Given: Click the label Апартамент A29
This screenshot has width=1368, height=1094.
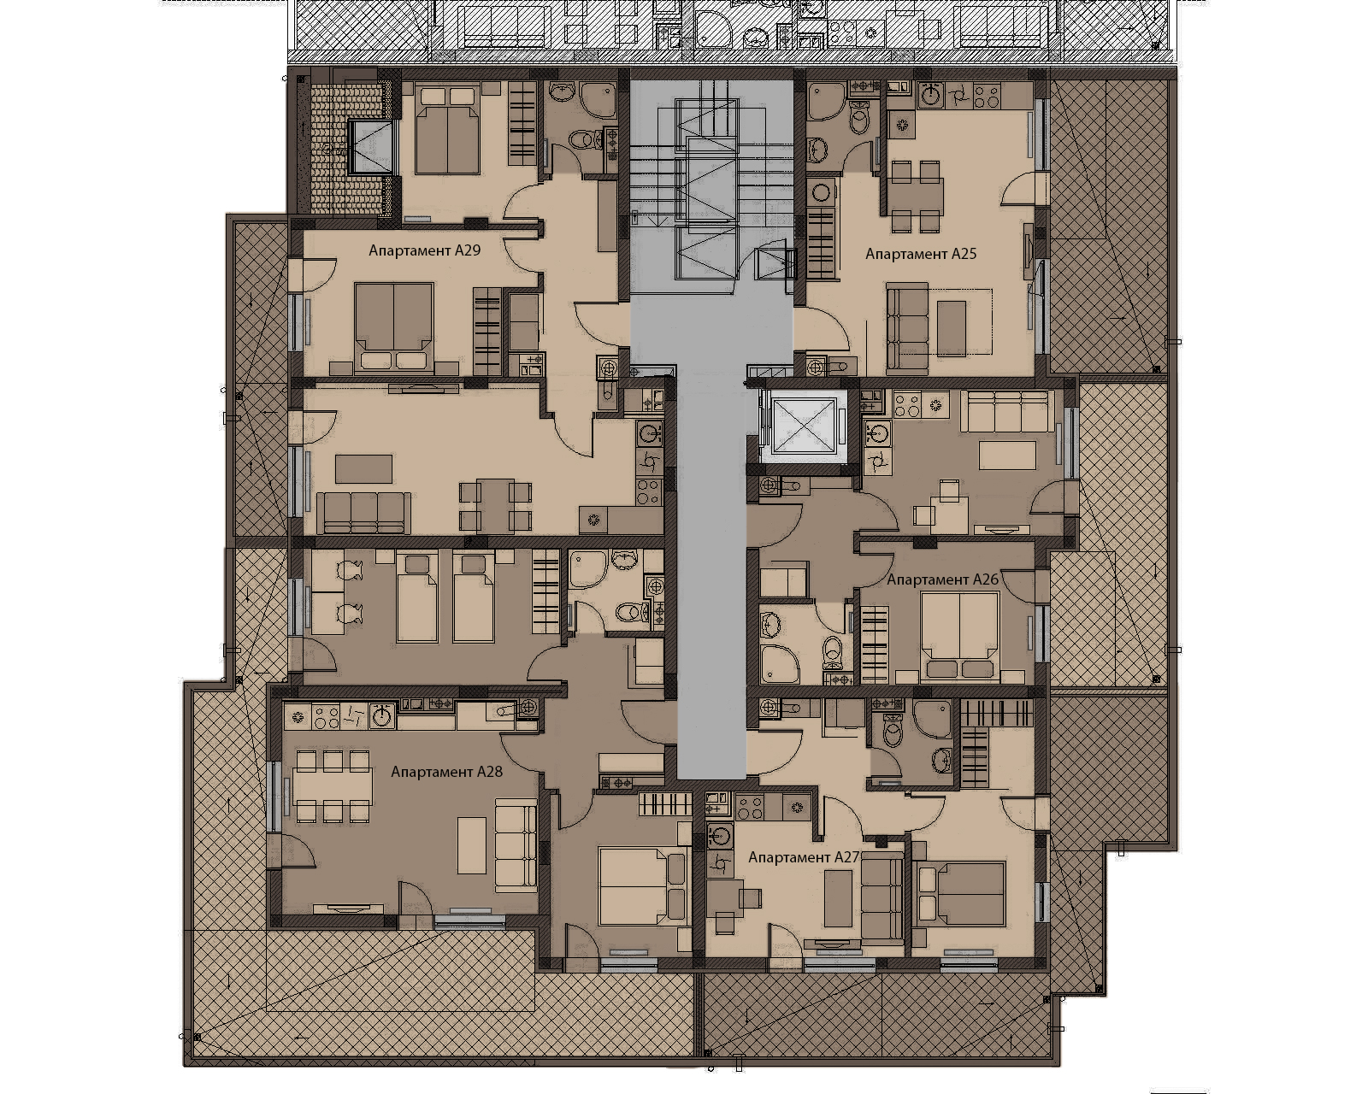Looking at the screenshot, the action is (x=425, y=250).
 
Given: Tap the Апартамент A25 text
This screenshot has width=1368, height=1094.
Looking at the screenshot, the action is (x=921, y=254).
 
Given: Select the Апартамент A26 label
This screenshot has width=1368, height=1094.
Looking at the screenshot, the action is (x=943, y=579).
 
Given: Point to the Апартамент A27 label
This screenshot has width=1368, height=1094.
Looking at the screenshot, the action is (x=805, y=857).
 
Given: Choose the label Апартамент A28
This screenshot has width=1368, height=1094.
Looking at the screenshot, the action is (x=447, y=772).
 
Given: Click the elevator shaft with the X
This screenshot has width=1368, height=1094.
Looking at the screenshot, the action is (x=802, y=426).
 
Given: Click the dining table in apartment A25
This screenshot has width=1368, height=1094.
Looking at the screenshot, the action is (x=916, y=196).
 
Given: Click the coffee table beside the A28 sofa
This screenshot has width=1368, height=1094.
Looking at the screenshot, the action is (x=472, y=850).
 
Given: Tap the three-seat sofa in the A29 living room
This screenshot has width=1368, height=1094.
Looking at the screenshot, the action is (x=363, y=513).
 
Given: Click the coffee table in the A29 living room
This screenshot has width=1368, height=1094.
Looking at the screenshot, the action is (x=363, y=469).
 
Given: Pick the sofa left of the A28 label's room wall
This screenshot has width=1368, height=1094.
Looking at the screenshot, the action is (x=516, y=845).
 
